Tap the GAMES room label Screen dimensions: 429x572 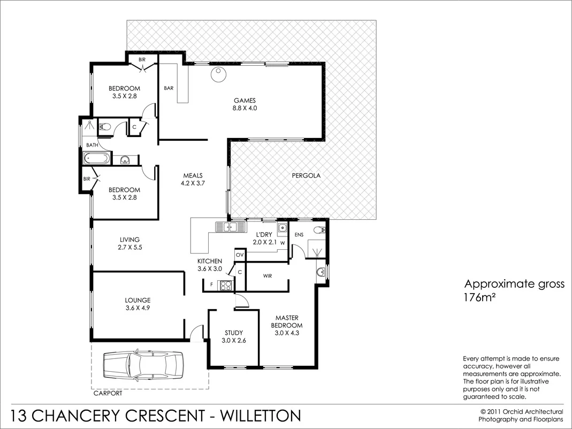pos(245,100)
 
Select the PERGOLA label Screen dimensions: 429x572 pos(306,175)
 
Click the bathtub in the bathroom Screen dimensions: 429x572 pos(97,158)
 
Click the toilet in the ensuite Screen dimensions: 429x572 pos(318,231)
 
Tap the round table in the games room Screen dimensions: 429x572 pos(218,75)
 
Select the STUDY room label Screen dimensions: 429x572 pos(233,332)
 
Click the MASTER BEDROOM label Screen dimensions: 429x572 pos(287,321)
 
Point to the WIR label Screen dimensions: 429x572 pos(268,276)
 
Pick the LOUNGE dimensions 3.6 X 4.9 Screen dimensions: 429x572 pos(138,308)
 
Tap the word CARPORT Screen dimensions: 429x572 pos(108,393)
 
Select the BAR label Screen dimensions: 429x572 pos(169,88)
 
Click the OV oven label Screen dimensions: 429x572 pos(240,255)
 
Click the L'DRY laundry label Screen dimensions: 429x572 pos(264,235)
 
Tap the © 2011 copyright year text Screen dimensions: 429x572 pos(492,411)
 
